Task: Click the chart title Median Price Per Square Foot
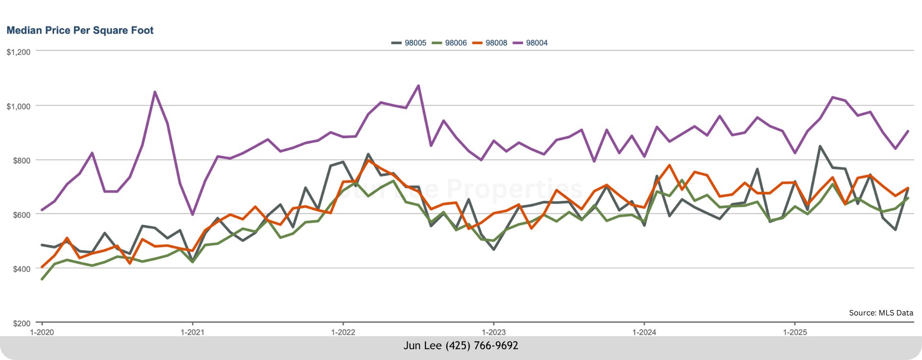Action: tap(80, 30)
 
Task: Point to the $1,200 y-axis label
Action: tap(18, 52)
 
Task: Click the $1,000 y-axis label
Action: tap(18, 106)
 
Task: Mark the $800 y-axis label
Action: tap(21, 160)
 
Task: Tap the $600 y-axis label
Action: tap(21, 215)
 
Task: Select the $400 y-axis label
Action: tap(21, 269)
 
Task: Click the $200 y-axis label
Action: tap(21, 323)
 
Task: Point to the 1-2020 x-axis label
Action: tap(42, 332)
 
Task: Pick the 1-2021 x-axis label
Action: tap(193, 332)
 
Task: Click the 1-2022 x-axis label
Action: tap(343, 332)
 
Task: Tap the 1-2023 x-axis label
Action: tap(494, 332)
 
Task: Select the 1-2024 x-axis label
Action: tap(644, 332)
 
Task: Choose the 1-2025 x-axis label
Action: tap(795, 332)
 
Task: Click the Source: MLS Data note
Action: tap(881, 313)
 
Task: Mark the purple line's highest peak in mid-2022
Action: tap(418, 86)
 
